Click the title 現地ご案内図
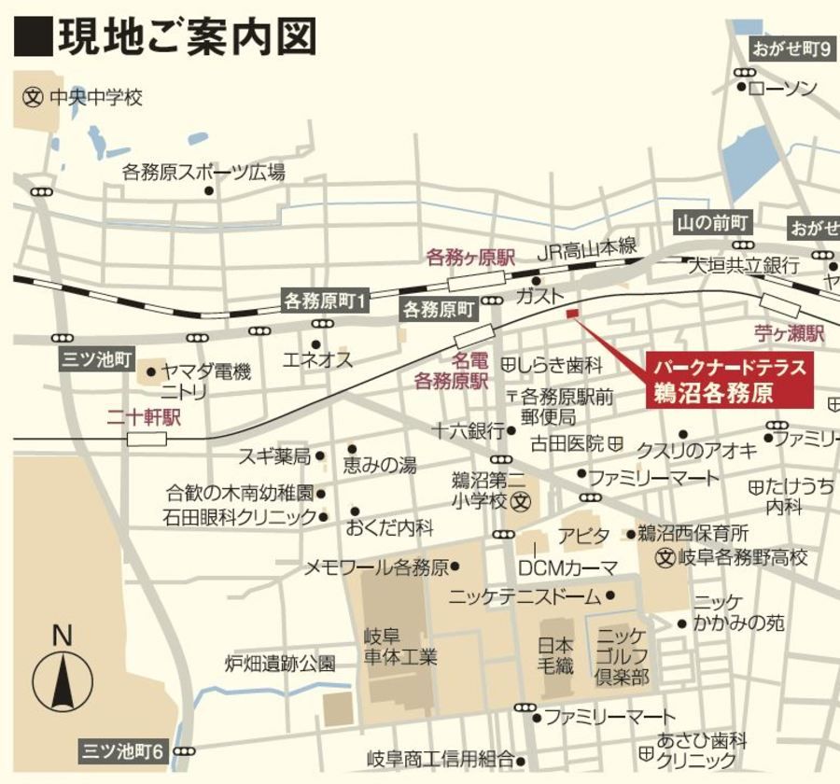click(187, 37)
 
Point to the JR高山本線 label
click(586, 250)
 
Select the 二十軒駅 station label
click(143, 417)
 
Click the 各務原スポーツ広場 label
click(203, 172)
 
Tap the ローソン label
click(782, 88)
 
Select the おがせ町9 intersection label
click(792, 49)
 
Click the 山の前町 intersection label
click(713, 223)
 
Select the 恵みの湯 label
click(380, 465)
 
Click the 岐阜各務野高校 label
click(743, 558)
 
